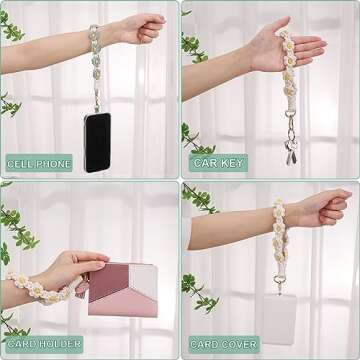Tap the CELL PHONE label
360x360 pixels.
pyautogui.click(x=39, y=163)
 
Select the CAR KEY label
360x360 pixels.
pyautogui.click(x=217, y=163)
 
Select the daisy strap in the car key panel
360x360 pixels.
pyautogui.click(x=289, y=75)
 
